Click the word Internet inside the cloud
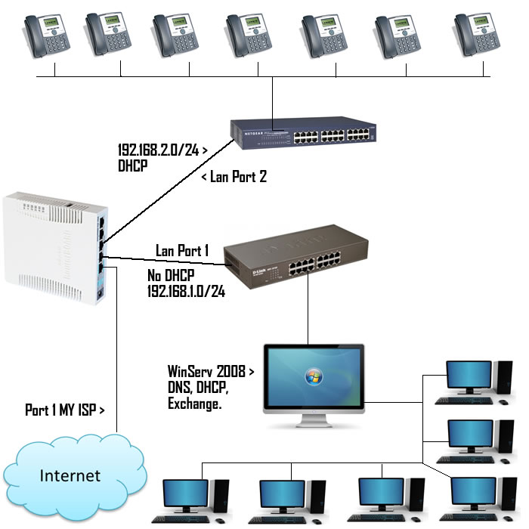(x=70, y=475)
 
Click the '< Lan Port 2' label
(x=234, y=178)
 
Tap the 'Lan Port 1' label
(x=181, y=250)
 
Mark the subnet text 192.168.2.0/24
(x=159, y=150)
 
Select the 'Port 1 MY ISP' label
(x=64, y=410)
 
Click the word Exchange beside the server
(x=194, y=404)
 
